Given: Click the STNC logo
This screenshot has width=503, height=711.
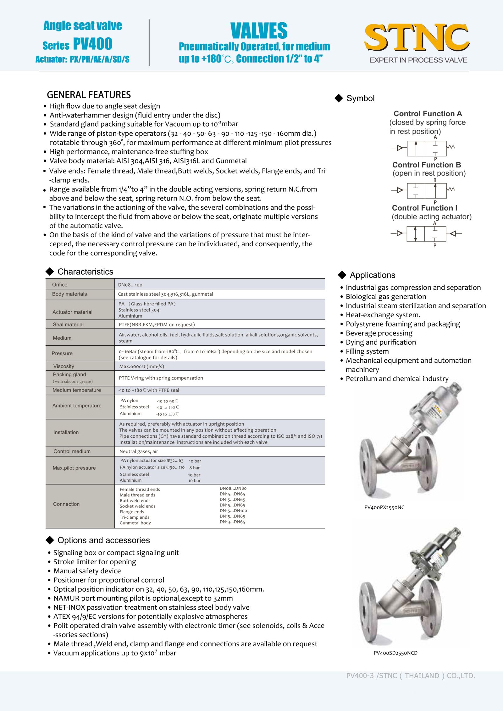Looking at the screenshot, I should click(417, 38).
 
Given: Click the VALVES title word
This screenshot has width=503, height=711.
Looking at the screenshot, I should click(259, 31).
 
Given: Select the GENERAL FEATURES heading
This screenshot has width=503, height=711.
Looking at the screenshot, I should click(89, 95).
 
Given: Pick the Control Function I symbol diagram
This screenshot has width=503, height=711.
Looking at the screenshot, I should click(426, 233).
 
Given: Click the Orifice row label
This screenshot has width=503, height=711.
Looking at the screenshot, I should click(60, 285).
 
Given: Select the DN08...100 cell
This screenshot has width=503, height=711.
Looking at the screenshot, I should click(130, 285).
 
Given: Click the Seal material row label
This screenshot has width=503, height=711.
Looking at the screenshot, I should click(68, 325).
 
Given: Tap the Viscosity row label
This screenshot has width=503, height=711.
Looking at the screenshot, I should click(64, 366).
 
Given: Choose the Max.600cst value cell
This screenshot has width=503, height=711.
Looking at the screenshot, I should click(141, 366).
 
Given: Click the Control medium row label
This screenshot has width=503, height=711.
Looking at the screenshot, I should click(72, 451).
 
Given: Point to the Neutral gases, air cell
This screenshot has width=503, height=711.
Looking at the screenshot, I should click(139, 451).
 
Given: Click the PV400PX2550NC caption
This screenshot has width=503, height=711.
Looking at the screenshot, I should click(384, 507).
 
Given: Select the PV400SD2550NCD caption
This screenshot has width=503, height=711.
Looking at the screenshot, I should click(395, 653).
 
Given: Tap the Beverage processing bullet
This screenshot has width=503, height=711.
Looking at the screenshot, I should click(379, 333).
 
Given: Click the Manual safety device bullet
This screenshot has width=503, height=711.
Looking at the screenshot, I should click(87, 571).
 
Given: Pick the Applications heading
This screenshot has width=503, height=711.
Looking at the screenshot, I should click(373, 275).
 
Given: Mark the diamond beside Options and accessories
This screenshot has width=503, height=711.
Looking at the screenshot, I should click(50, 540).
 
